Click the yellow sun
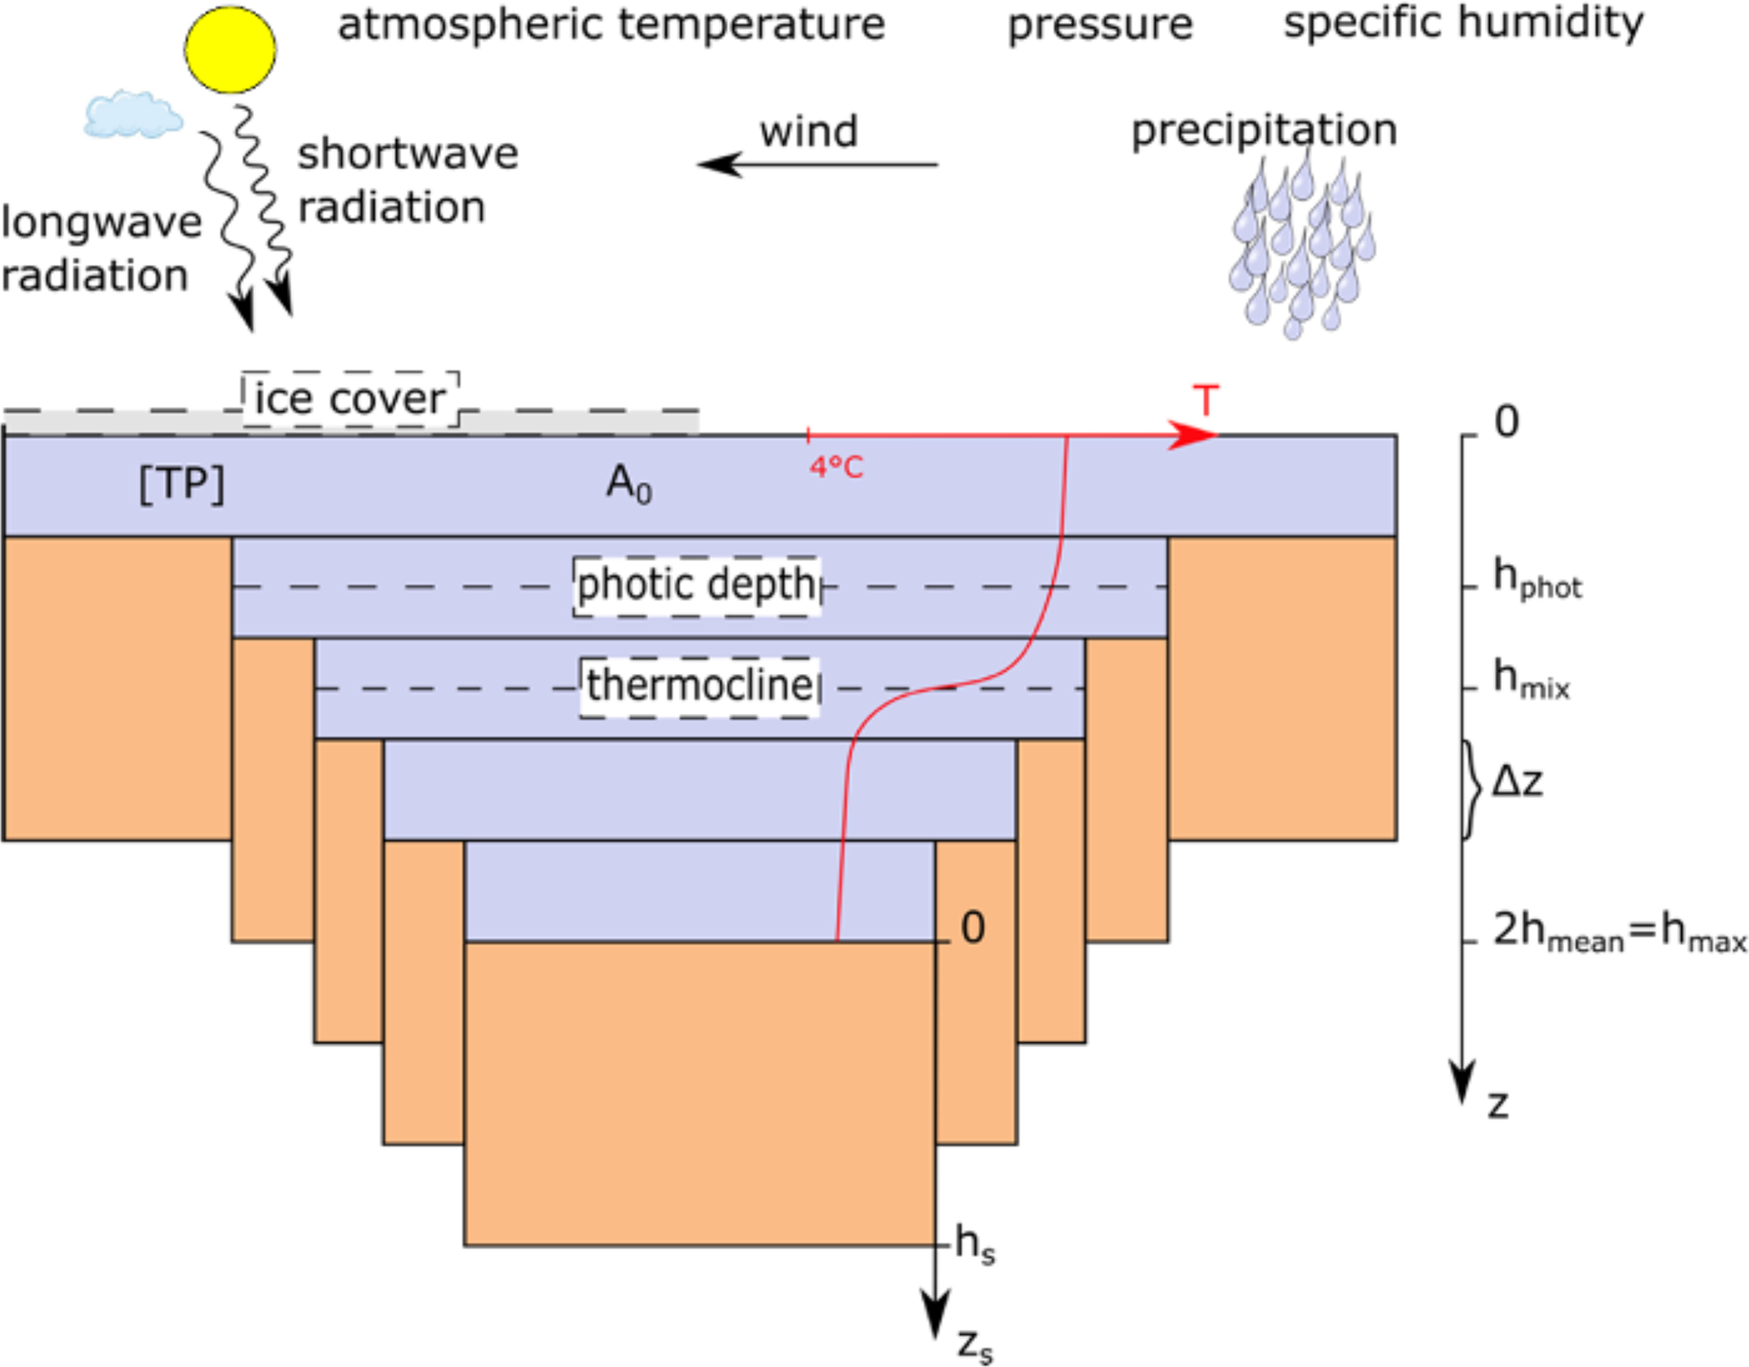229,48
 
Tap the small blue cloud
133,115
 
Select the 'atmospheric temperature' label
611,25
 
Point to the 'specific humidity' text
1463,24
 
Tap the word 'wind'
808,132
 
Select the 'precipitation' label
1263,130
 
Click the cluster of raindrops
1301,245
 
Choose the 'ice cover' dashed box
350,398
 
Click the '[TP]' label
182,485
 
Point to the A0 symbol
629,485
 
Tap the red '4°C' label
836,467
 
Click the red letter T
1205,400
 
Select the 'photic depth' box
696,585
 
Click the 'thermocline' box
700,686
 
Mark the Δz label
1516,782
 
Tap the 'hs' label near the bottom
974,1244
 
